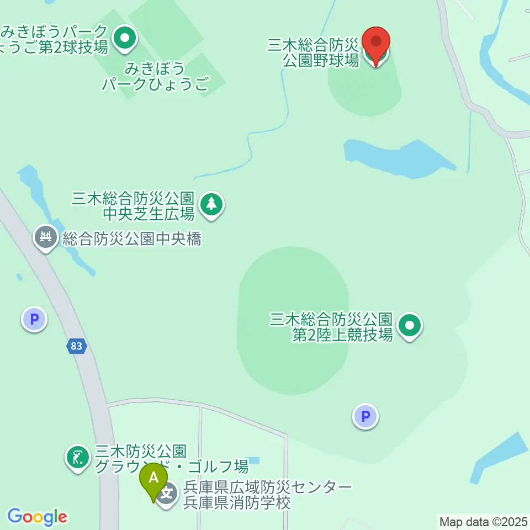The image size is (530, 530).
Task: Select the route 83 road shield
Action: (77, 347)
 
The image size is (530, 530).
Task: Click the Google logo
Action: (37, 517)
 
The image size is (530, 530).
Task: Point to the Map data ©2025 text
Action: (483, 521)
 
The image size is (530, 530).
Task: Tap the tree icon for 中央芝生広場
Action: (211, 204)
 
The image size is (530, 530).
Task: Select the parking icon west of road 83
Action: (34, 320)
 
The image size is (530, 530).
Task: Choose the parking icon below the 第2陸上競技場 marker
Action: (365, 416)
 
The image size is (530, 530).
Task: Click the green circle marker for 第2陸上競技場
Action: (409, 326)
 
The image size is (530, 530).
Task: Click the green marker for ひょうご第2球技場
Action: (125, 38)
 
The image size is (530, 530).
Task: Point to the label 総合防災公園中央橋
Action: (131, 239)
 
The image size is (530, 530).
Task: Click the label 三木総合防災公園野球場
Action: (314, 52)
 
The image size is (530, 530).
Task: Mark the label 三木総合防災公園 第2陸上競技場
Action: (331, 327)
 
